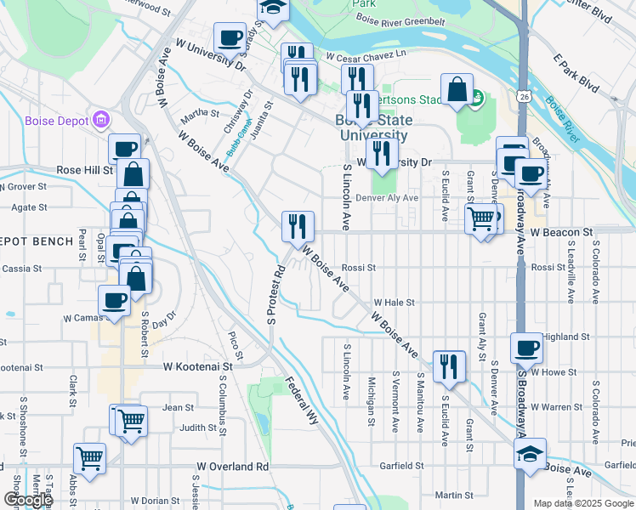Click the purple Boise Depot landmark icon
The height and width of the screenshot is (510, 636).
(101, 121)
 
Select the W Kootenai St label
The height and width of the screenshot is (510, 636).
(197, 367)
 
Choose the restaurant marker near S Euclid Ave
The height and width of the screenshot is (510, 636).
(449, 365)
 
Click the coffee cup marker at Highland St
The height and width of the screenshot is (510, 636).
(526, 347)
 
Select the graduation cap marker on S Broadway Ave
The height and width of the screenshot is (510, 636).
(531, 453)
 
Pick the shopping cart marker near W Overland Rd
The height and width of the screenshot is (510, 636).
(88, 457)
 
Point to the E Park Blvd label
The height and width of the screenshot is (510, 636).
(576, 75)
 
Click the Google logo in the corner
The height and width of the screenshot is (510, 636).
(28, 500)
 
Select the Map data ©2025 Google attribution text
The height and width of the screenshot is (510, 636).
(582, 503)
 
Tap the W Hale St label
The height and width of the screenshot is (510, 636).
(393, 302)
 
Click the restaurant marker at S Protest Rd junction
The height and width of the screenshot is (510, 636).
(298, 225)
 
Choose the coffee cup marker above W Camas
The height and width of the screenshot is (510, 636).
(115, 299)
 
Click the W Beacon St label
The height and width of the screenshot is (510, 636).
(561, 231)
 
